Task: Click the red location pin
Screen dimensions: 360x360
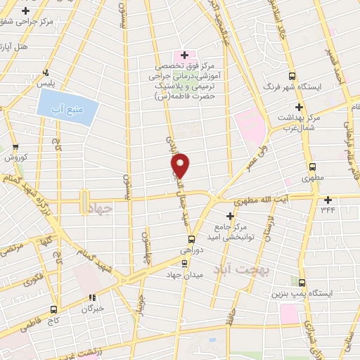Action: click(x=181, y=165)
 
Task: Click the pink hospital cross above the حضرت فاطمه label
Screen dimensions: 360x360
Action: click(x=185, y=55)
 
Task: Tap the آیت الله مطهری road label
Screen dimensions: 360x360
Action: click(x=263, y=200)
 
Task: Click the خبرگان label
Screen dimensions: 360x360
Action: click(x=92, y=308)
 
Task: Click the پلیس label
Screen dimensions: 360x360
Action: click(x=46, y=83)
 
